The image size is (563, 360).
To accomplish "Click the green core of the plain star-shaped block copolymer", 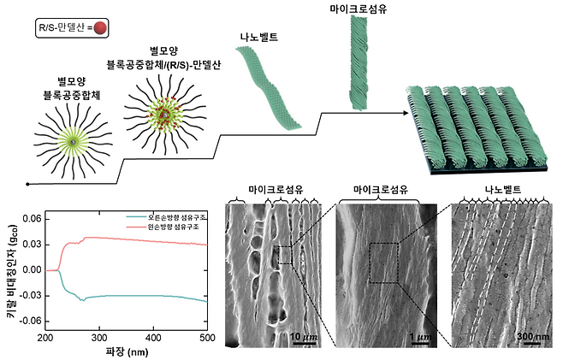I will tap(74, 140).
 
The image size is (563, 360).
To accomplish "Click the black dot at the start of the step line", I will tap(28, 184).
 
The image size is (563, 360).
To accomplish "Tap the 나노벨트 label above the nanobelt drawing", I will tap(257, 37).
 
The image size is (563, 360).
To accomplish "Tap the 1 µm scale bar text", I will tap(418, 337).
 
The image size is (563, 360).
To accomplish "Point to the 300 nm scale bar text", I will tap(535, 337).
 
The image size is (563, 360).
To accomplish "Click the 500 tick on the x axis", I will tap(205, 336).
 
